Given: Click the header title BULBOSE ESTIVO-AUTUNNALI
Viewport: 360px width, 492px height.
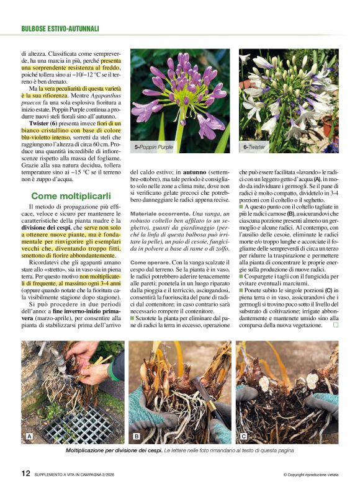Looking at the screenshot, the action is click(60, 29).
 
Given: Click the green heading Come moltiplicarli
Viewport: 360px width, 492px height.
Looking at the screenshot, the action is click(68, 196).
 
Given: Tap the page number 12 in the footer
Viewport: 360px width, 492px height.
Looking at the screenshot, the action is click(25, 473).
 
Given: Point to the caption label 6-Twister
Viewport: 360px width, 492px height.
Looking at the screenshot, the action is click(254, 148).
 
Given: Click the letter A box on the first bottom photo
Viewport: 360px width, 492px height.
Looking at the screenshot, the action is click(29, 437).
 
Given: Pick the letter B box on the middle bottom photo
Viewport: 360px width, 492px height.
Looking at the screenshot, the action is click(136, 437).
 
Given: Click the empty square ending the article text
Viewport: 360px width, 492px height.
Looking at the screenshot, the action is click(336, 324).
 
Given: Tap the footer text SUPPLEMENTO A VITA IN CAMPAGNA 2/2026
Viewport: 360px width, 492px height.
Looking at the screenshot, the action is click(87, 475).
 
